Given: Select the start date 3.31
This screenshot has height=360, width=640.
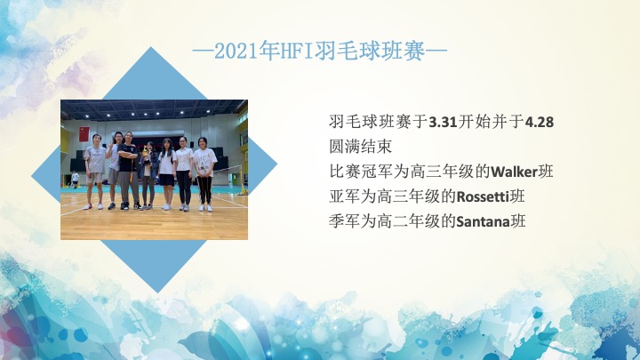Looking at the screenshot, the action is (443, 122).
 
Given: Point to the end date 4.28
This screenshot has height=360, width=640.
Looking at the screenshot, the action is (540, 122).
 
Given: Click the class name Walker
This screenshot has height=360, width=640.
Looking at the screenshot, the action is (514, 172).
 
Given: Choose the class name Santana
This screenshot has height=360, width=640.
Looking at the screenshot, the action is (483, 221).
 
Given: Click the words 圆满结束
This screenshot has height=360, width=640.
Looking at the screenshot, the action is (360, 147).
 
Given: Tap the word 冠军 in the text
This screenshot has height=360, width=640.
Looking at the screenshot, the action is (377, 172).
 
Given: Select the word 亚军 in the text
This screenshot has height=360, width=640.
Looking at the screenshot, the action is (345, 196).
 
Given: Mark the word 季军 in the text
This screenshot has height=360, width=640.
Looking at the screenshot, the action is (345, 221).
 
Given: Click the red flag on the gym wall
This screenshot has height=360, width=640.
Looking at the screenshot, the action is (84, 134).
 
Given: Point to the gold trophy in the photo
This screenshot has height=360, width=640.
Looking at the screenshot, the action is (146, 156).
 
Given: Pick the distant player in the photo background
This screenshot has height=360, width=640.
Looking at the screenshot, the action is (75, 180).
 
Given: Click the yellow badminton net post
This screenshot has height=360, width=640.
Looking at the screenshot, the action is (244, 180).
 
